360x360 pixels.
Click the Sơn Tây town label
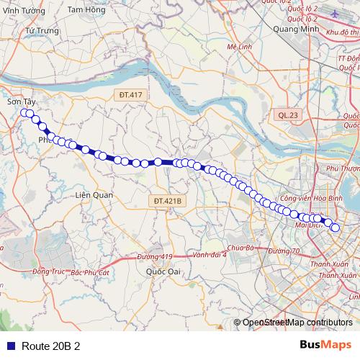point(21,103)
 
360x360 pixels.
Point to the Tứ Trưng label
point(40,32)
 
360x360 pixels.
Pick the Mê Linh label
point(237,45)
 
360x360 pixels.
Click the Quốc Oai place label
point(163,271)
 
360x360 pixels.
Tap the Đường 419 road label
point(155,256)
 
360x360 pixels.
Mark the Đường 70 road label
point(283,251)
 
